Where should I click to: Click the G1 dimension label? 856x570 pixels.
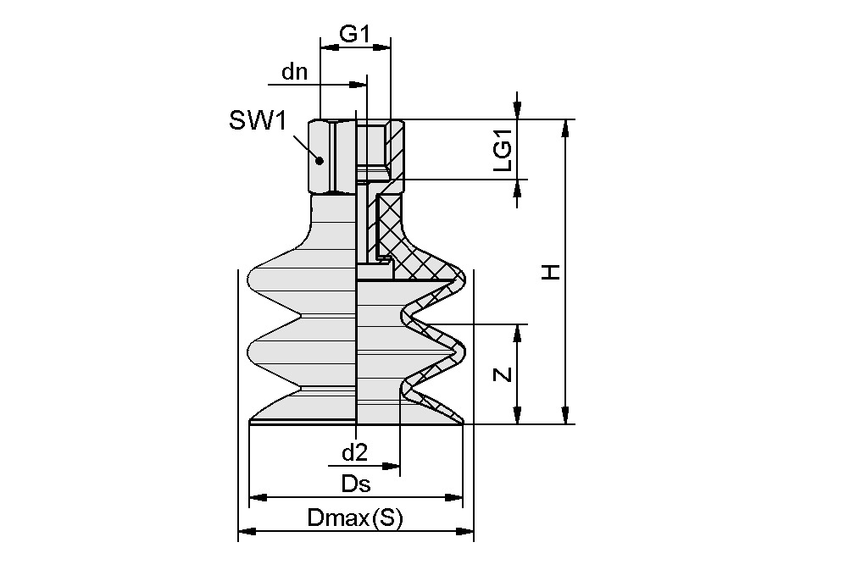click(355, 33)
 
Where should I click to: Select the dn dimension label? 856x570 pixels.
click(295, 72)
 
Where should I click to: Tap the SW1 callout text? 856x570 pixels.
click(258, 121)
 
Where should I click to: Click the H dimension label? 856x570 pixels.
click(551, 272)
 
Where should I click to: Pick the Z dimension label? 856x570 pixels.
click(503, 374)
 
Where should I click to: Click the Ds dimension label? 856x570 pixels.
click(356, 484)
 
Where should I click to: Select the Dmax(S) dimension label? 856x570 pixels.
click(356, 518)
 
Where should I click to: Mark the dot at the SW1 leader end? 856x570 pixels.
click(320, 160)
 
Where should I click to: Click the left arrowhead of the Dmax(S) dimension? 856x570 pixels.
click(247, 532)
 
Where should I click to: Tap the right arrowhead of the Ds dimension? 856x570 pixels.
click(455, 497)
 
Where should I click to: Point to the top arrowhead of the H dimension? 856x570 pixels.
click(565, 128)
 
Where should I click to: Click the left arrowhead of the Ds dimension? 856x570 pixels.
click(257, 497)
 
